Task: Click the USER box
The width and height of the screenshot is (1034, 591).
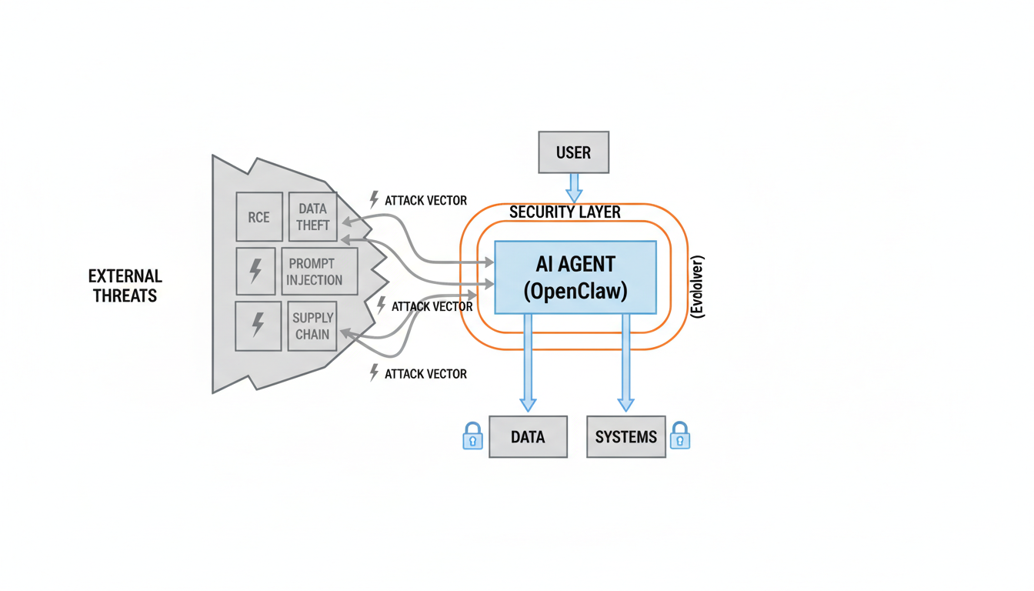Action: (573, 152)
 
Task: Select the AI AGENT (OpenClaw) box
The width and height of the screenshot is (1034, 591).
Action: (575, 277)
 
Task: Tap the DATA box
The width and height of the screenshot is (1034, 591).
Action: (528, 437)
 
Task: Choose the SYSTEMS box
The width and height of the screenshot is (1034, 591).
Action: (625, 437)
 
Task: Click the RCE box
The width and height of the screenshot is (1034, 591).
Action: (259, 217)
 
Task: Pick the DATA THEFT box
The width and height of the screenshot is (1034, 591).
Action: (312, 217)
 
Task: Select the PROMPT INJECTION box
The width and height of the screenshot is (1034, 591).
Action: (319, 272)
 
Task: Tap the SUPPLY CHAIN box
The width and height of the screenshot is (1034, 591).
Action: (312, 326)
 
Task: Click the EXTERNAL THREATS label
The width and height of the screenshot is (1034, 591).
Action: (125, 285)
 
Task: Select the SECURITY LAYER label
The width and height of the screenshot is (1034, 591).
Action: (565, 212)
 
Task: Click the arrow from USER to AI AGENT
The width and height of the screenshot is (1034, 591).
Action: (574, 187)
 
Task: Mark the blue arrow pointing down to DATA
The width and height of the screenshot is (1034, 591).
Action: (528, 362)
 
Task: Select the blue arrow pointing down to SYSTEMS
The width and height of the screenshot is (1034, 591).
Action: (625, 362)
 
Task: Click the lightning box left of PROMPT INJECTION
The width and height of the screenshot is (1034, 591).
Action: (255, 271)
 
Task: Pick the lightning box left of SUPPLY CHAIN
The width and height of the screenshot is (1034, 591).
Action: (258, 326)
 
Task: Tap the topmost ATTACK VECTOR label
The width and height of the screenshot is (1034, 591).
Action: (425, 200)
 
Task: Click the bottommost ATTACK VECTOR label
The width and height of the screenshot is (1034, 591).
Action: (425, 374)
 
